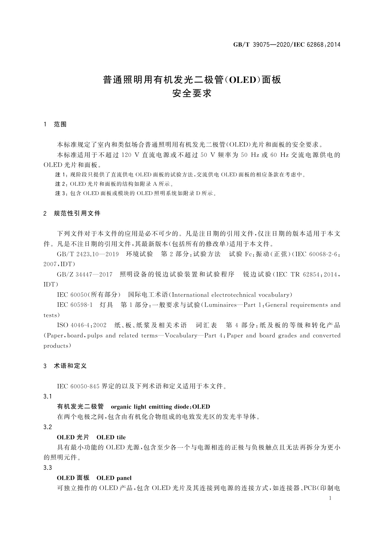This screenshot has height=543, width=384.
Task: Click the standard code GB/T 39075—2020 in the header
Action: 262,45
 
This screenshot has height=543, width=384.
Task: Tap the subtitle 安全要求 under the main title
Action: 192,94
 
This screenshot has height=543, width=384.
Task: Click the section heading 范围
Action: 60,124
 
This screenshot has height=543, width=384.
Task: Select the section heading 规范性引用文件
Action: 77,213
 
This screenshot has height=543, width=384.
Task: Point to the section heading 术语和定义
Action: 70,366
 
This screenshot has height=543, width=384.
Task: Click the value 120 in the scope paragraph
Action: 126,155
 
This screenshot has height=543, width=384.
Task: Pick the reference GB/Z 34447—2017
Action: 84,274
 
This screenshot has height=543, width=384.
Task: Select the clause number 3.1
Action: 48,396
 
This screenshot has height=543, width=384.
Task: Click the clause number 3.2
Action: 48,427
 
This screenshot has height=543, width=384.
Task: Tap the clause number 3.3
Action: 48,468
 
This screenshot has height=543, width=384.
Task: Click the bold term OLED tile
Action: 111,437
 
